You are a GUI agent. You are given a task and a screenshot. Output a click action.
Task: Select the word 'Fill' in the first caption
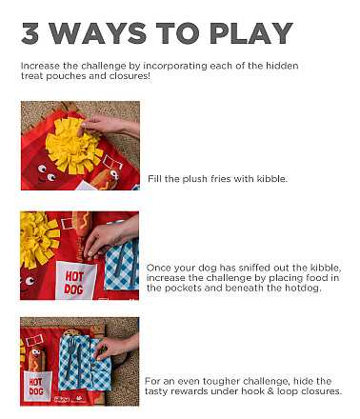click(154, 179)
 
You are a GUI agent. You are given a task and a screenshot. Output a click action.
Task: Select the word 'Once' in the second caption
click(158, 268)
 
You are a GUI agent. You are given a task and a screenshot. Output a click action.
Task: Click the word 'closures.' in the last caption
click(320, 390)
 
